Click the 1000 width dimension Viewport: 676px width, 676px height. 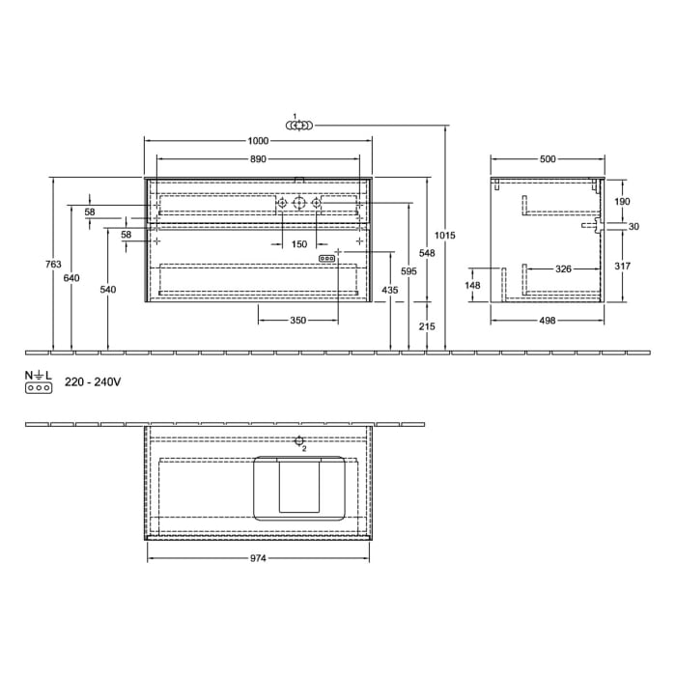pyautogui.click(x=258, y=140)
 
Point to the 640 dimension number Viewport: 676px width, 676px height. pyautogui.click(x=71, y=278)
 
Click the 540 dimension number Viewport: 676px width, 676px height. pyautogui.click(x=107, y=290)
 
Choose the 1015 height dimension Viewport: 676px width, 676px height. pyautogui.click(x=445, y=236)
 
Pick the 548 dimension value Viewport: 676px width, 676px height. pyautogui.click(x=428, y=252)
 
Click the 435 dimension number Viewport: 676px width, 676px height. pyautogui.click(x=390, y=290)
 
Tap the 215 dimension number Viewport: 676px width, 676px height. pyautogui.click(x=428, y=326)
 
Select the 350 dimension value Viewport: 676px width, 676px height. pyautogui.click(x=298, y=320)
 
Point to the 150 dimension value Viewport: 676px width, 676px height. pyautogui.click(x=299, y=244)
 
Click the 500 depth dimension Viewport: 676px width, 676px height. pyautogui.click(x=548, y=159)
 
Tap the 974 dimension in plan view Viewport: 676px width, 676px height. pyautogui.click(x=257, y=558)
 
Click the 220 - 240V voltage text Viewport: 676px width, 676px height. pyautogui.click(x=93, y=382)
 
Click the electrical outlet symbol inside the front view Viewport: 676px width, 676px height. pyautogui.click(x=327, y=259)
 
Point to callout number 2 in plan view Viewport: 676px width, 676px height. pyautogui.click(x=303, y=448)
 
